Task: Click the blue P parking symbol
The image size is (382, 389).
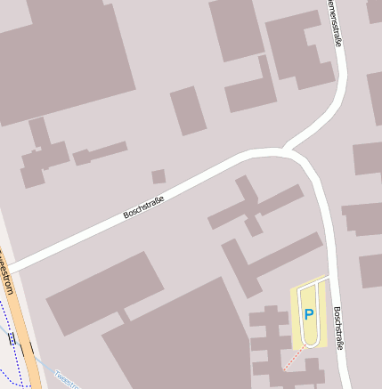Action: coord(309,314)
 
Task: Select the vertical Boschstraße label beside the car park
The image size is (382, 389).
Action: coord(338,328)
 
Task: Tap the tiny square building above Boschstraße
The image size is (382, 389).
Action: coord(158,176)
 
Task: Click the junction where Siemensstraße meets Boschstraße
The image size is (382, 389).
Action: coord(290,150)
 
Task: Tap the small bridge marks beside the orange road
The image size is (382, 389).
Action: coord(12,339)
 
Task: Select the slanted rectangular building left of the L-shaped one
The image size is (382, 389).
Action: coord(188,110)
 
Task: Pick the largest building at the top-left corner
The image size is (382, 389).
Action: coord(62,53)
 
